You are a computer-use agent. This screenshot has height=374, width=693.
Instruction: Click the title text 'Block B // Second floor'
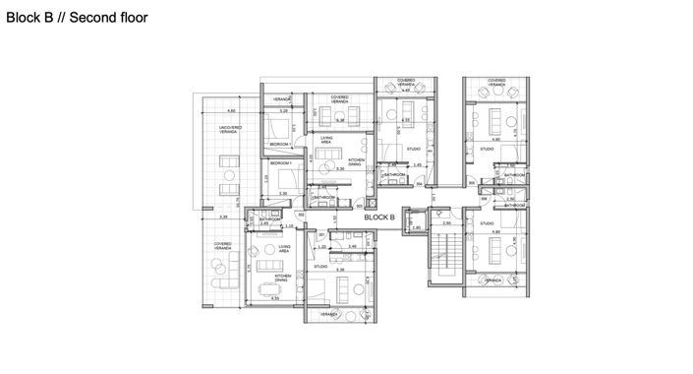[77, 17]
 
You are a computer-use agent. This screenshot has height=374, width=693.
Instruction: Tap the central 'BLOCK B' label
[379, 217]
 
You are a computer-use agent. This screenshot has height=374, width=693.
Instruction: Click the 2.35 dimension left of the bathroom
[224, 217]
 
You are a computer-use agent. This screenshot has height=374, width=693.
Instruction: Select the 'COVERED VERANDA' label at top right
[496, 82]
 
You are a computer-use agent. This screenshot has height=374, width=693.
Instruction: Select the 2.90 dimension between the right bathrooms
[509, 199]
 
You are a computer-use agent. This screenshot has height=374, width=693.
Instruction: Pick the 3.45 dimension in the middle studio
[417, 164]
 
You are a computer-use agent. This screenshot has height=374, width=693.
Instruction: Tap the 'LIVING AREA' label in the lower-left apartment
[285, 249]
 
